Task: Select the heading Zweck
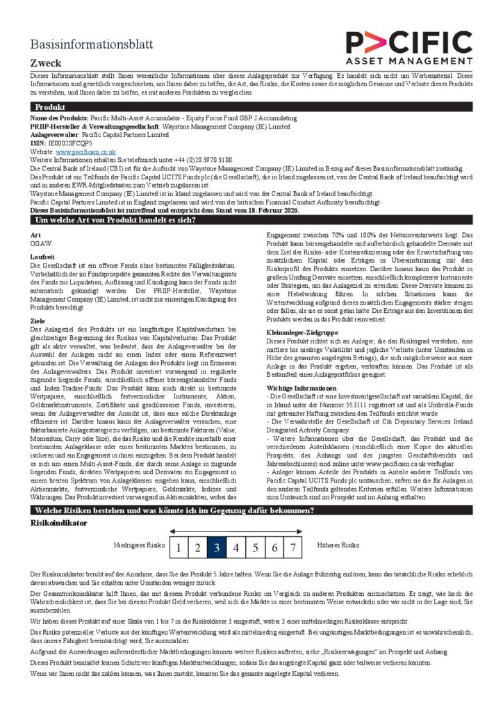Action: tap(46, 63)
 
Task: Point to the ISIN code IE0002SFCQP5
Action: tap(72, 143)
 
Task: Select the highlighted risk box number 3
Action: tap(216, 547)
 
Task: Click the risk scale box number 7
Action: tap(293, 547)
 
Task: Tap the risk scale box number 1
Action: tap(178, 547)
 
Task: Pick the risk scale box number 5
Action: tap(255, 547)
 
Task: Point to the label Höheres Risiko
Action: tap(338, 546)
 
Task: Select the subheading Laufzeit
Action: tap(43, 257)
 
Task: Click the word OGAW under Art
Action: tap(41, 244)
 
